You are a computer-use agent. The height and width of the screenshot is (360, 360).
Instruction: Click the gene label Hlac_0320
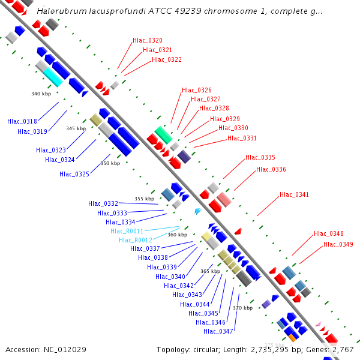(148, 40)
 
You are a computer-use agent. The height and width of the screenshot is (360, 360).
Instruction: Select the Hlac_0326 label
(197, 90)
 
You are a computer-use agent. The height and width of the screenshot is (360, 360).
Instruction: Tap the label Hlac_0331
(242, 138)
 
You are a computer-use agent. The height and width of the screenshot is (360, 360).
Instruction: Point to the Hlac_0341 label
(295, 194)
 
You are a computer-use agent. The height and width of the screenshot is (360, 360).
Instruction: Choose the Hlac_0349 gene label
(338, 244)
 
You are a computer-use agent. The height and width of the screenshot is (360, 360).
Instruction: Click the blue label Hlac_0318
(22, 121)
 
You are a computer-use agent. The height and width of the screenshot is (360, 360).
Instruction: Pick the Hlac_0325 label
(74, 174)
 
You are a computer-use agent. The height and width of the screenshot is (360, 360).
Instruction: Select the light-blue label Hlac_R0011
(127, 231)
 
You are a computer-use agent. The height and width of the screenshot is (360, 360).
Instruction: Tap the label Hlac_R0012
(136, 240)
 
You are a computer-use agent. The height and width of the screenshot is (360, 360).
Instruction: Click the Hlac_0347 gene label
(218, 331)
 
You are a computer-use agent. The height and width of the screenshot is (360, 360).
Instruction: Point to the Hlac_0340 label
(170, 277)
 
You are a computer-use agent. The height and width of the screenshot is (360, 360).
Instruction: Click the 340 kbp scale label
(40, 94)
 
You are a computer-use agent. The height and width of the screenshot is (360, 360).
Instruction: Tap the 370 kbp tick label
(242, 308)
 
